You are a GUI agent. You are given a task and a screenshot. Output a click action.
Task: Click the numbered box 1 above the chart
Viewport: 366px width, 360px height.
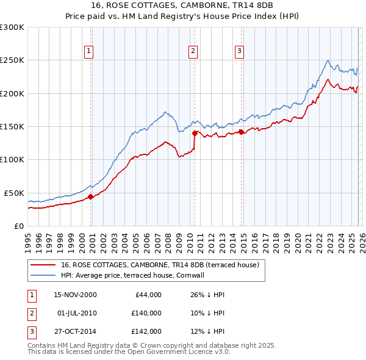point(89,51)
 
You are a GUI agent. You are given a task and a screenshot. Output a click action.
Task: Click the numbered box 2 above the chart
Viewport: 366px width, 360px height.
point(193,51)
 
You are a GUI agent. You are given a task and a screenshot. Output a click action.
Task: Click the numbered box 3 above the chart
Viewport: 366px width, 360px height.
point(240,51)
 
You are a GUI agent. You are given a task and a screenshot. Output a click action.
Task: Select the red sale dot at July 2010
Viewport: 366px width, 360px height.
point(195,132)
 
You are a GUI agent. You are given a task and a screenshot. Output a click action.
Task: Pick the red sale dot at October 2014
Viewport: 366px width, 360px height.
point(242,131)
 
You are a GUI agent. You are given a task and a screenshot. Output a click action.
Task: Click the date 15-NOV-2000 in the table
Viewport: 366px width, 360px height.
point(76,295)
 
